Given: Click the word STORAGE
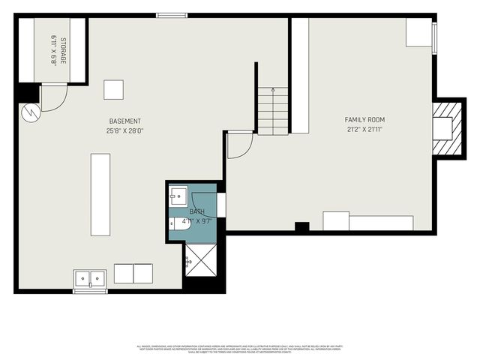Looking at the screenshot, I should tap(64, 49).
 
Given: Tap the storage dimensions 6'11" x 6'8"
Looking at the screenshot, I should tap(54, 49).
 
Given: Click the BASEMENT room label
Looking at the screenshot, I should tap(124, 121).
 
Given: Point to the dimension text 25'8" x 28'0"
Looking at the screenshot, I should tap(124, 130).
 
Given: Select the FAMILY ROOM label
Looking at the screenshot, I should tap(364, 119).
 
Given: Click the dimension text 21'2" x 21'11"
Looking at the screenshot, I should tap(364, 129).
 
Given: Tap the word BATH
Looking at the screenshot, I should tap(196, 212).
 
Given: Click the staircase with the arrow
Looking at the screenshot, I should tap(273, 110).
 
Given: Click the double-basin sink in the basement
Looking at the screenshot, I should tap(90, 279).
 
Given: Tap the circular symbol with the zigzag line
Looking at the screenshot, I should tap(29, 113).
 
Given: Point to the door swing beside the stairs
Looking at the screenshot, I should tap(239, 145).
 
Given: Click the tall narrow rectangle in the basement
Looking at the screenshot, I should tap(100, 194).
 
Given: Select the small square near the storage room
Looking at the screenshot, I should tap(113, 89).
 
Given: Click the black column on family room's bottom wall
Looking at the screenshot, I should tap(301, 226).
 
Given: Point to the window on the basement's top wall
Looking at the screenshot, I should tap(172, 14).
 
